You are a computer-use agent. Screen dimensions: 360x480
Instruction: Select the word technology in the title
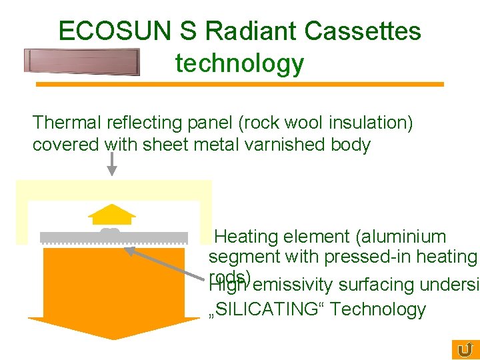[239, 63]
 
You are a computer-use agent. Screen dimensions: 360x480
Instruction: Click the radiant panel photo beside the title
[81, 61]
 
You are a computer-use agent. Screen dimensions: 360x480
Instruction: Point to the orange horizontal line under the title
[239, 85]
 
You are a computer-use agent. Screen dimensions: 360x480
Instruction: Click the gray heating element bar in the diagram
[113, 237]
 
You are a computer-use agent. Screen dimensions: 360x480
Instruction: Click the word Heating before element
[246, 237]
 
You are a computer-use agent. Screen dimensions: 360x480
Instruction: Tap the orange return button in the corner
[465, 349]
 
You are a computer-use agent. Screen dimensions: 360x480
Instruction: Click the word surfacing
[378, 285]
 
